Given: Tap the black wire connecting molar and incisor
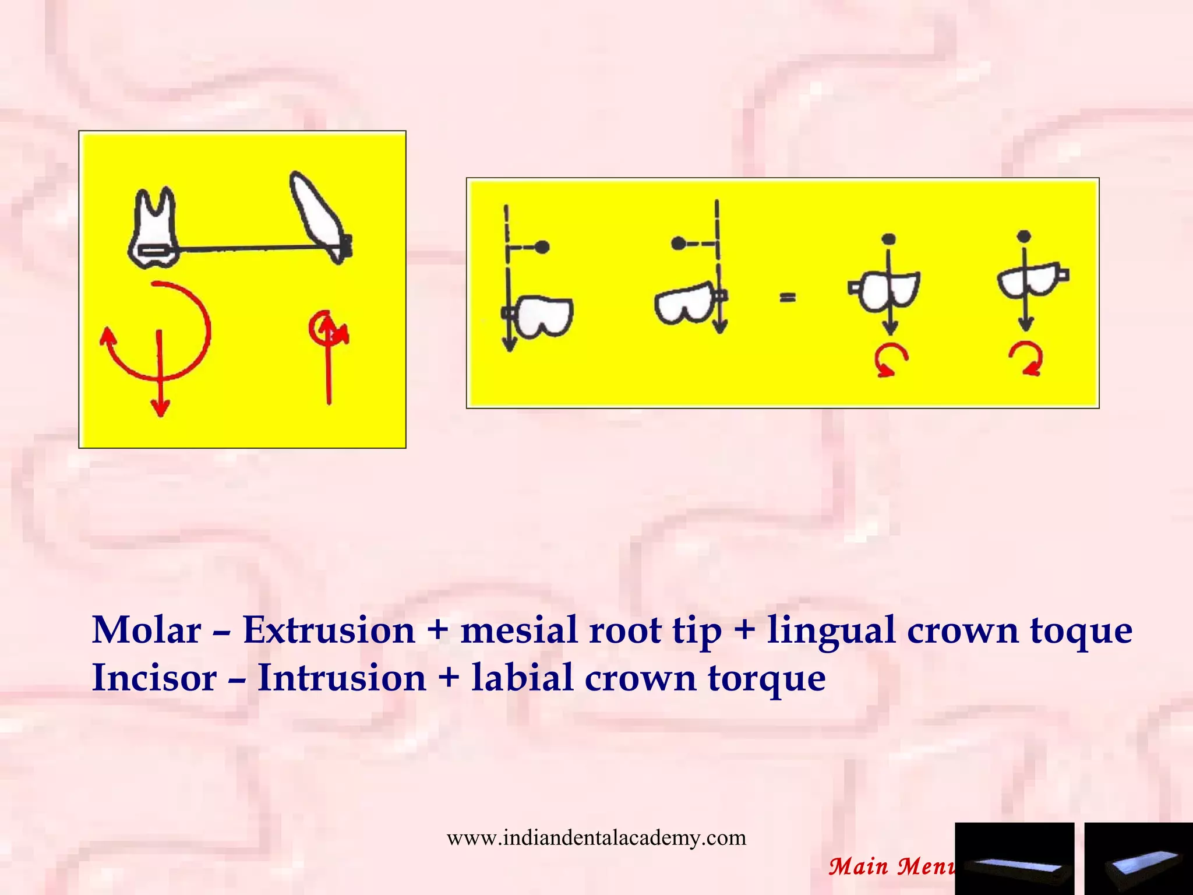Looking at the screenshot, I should (245, 249).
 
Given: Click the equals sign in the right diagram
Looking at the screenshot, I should (788, 298).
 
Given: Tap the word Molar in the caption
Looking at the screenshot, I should (146, 630).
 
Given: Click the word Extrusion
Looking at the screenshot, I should (329, 630).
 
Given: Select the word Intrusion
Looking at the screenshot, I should (342, 678).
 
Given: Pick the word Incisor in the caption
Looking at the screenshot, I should (154, 678).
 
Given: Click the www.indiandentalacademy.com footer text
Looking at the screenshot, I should (596, 838).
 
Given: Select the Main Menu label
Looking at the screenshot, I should (891, 866).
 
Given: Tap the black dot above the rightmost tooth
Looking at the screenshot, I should (1024, 236).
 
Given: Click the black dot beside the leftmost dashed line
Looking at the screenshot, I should (542, 247).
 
